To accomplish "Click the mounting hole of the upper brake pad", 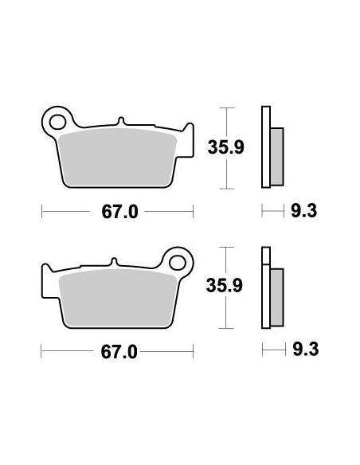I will pos(57,122).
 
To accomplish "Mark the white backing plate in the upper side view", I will pos(266,147).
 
